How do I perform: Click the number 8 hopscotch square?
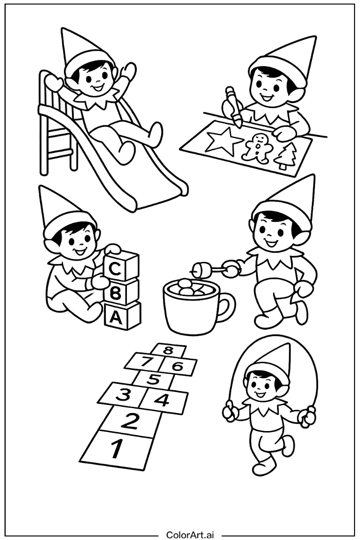click(168, 350)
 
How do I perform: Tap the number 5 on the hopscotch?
click(153, 380)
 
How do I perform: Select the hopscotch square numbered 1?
click(117, 448)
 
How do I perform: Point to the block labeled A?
click(117, 317)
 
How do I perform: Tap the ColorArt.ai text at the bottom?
click(191, 535)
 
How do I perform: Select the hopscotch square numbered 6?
click(178, 366)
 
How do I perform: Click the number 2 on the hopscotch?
click(130, 421)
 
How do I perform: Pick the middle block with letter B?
click(117, 293)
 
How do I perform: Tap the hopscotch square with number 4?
click(162, 399)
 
